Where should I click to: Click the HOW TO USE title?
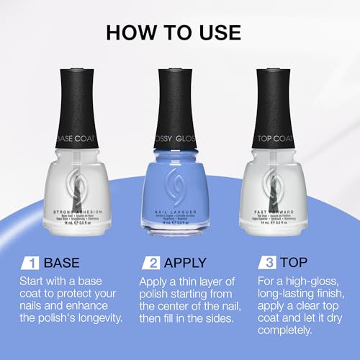pyautogui.click(x=180, y=32)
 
